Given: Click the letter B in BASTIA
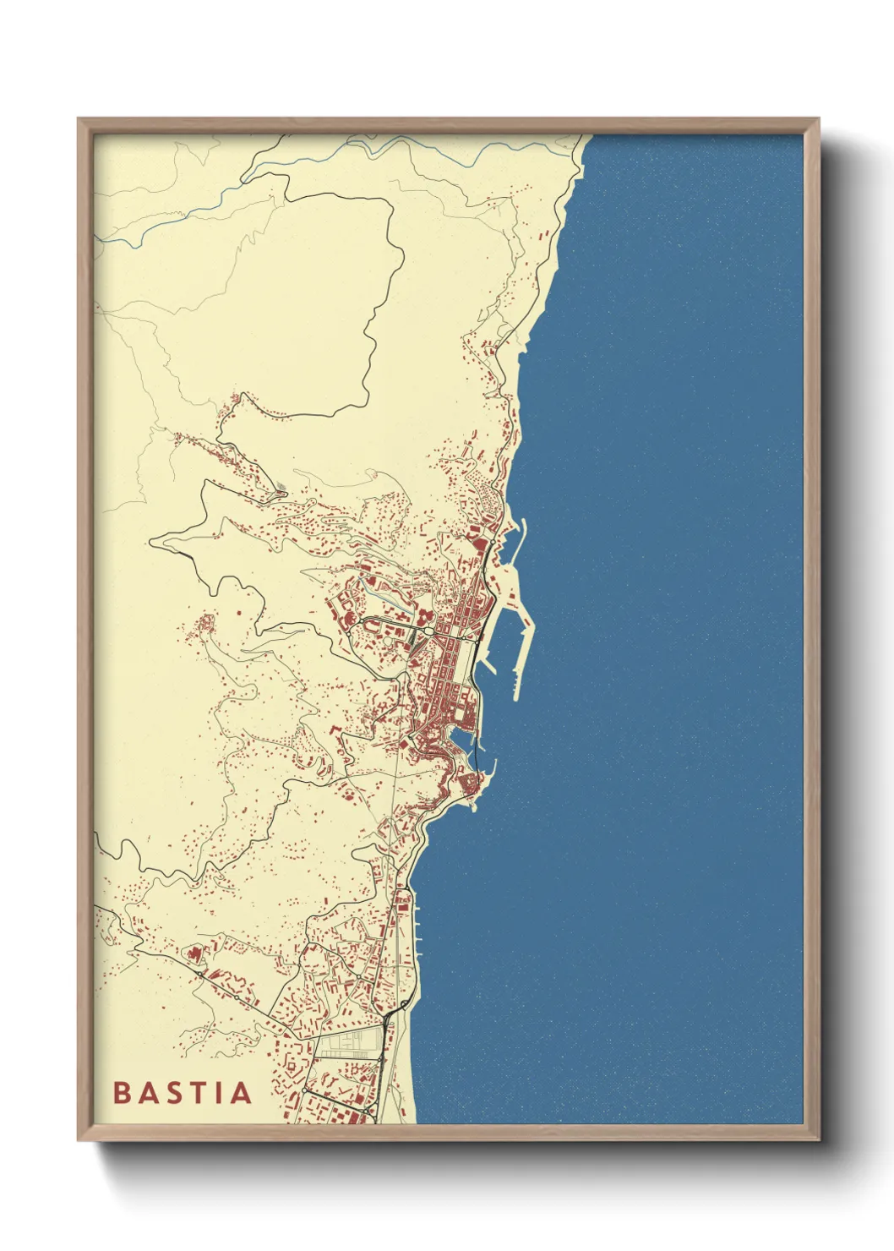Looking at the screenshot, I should pyautogui.click(x=120, y=1092).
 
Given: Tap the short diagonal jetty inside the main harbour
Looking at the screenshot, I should pyautogui.click(x=488, y=667).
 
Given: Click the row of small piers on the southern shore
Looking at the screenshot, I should pyautogui.click(x=417, y=926).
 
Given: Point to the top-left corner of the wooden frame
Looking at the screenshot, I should pyautogui.click(x=79, y=119).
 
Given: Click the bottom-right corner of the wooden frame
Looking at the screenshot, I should pyautogui.click(x=818, y=1139).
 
